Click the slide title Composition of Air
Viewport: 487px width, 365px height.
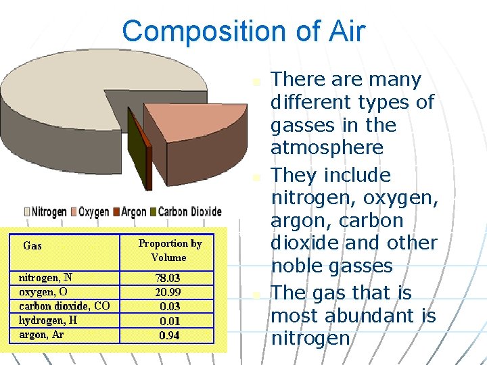tap(243, 31)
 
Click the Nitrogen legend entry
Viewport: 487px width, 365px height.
tap(45, 212)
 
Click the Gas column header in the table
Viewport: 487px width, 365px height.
tap(32, 246)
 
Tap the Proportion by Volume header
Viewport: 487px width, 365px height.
tap(170, 250)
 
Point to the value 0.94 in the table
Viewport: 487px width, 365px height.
tap(169, 335)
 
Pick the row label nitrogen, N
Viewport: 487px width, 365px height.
tap(45, 277)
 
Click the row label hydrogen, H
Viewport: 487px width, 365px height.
tap(48, 320)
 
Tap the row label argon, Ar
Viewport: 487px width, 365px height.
tap(41, 335)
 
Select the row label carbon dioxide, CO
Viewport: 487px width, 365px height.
tap(64, 306)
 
